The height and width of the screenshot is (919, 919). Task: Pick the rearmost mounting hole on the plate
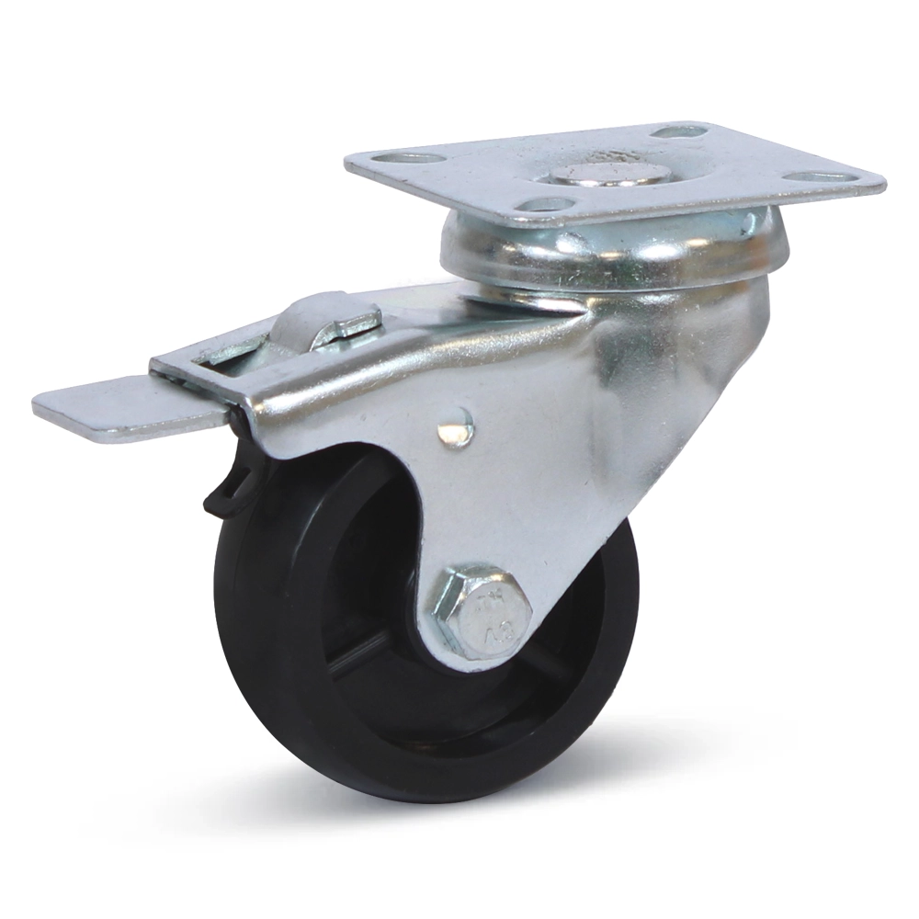coord(678,131)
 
